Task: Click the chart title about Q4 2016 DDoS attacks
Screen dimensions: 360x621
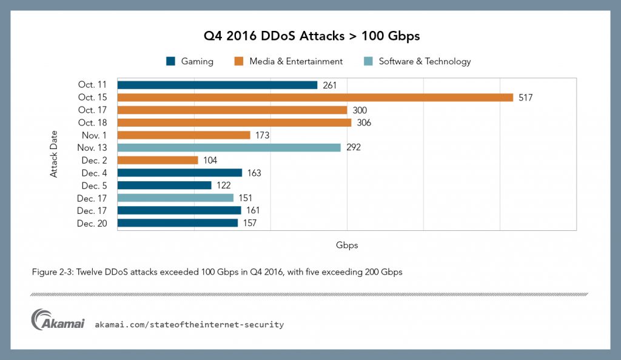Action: click(x=310, y=36)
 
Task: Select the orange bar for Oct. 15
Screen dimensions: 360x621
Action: click(x=315, y=98)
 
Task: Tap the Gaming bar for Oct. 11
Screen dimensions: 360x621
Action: click(x=217, y=85)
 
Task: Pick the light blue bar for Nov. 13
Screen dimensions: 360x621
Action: click(x=229, y=147)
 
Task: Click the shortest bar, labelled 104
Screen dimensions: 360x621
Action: click(x=158, y=160)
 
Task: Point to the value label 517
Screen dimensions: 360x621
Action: click(x=525, y=98)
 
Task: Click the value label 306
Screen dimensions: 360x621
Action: click(x=364, y=122)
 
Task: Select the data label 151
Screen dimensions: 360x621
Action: click(x=245, y=198)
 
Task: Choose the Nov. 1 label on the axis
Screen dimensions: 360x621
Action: click(x=96, y=135)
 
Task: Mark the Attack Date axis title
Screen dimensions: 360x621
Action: click(x=54, y=154)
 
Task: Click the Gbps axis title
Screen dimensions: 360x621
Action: click(x=346, y=245)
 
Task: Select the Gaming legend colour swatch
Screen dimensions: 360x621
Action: click(x=170, y=61)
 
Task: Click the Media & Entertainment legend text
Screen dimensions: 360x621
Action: click(x=296, y=61)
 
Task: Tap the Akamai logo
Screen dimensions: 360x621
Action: click(x=58, y=321)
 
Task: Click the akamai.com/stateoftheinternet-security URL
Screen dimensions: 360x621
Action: click(x=189, y=325)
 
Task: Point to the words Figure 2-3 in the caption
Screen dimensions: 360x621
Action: click(x=52, y=272)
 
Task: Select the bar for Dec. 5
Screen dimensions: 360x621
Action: click(x=164, y=185)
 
